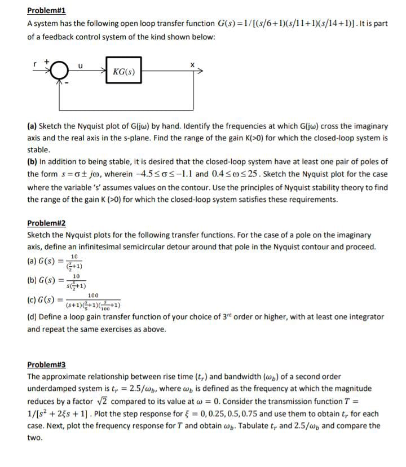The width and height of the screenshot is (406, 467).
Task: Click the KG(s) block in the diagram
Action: click(x=126, y=72)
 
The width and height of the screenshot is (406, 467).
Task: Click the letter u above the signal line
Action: click(x=81, y=65)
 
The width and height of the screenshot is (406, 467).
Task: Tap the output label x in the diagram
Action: click(x=192, y=65)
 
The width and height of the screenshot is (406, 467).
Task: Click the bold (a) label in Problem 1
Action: click(x=33, y=126)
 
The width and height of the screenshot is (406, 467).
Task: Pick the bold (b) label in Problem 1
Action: click(x=33, y=162)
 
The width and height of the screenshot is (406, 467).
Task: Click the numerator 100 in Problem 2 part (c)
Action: click(x=94, y=295)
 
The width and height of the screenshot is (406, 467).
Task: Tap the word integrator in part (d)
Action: click(x=354, y=317)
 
